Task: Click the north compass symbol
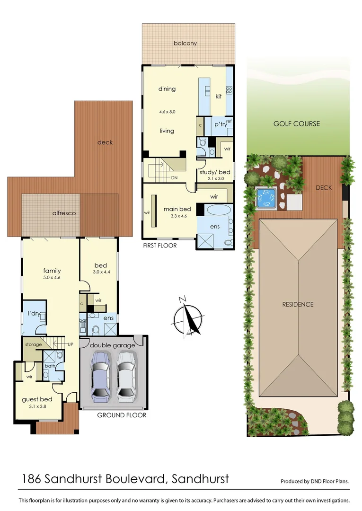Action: [x=189, y=317]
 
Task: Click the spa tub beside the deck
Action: [x=266, y=198]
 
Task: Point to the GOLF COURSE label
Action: [x=297, y=124]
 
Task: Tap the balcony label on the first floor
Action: [x=185, y=44]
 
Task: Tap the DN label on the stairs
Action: [x=175, y=178]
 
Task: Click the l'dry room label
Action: [x=33, y=313]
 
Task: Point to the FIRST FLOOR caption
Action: [x=160, y=246]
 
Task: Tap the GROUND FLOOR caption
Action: [x=122, y=415]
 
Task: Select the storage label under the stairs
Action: [x=34, y=344]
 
